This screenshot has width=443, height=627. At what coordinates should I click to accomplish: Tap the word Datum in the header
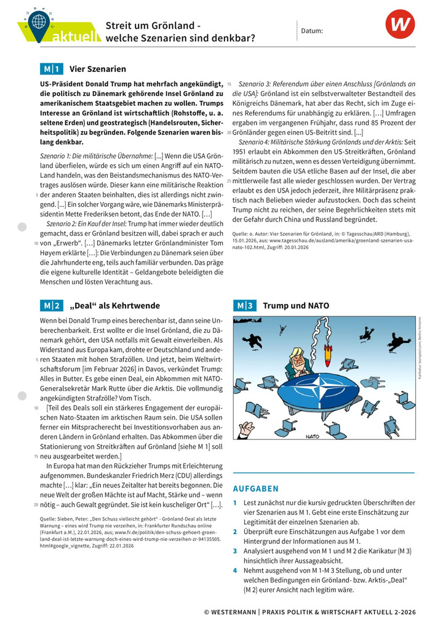(312, 30)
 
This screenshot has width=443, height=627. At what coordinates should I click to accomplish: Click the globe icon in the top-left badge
(39, 21)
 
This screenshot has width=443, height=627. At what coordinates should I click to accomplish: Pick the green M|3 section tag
(244, 306)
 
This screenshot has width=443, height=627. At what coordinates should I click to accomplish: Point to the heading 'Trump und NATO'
(296, 306)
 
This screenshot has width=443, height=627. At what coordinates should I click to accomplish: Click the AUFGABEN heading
(255, 489)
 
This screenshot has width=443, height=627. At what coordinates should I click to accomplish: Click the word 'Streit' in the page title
(121, 26)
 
